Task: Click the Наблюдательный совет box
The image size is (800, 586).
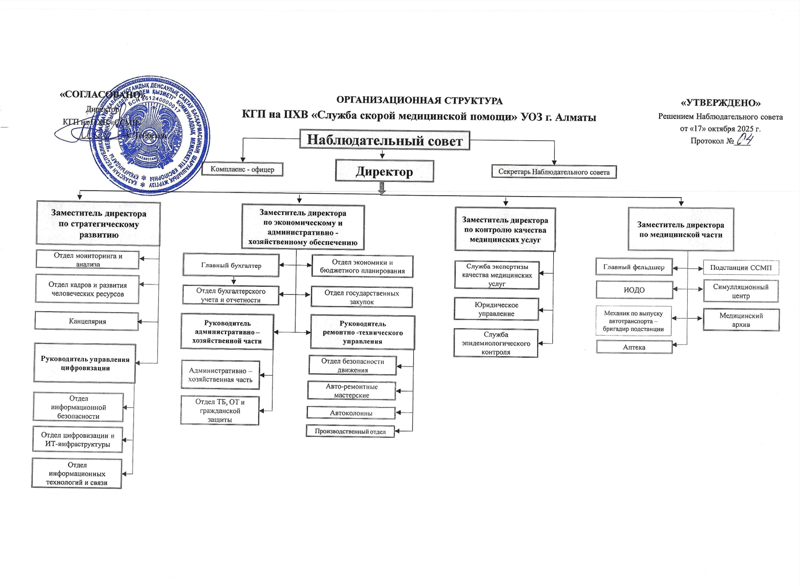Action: point(384,140)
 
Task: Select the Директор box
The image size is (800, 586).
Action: point(384,171)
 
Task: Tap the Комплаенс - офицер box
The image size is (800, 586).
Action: point(242,169)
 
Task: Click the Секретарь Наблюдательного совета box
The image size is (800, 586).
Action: point(554,172)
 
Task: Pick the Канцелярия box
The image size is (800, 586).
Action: point(87,321)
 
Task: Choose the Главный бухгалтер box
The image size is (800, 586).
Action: point(231,266)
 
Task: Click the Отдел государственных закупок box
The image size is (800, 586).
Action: point(362,297)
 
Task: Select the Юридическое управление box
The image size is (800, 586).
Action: point(496,309)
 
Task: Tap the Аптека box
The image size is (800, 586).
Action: point(634,347)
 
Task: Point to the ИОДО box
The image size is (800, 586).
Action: point(634,290)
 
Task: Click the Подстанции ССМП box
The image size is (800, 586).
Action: point(741,267)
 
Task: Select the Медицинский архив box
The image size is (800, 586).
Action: point(741,320)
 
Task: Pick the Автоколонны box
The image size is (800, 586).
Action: point(351,413)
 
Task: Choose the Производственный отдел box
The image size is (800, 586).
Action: point(350,431)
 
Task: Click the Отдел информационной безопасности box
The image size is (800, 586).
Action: point(78,407)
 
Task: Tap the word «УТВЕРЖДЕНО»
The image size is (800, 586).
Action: point(720,103)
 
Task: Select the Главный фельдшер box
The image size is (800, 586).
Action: point(634,267)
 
